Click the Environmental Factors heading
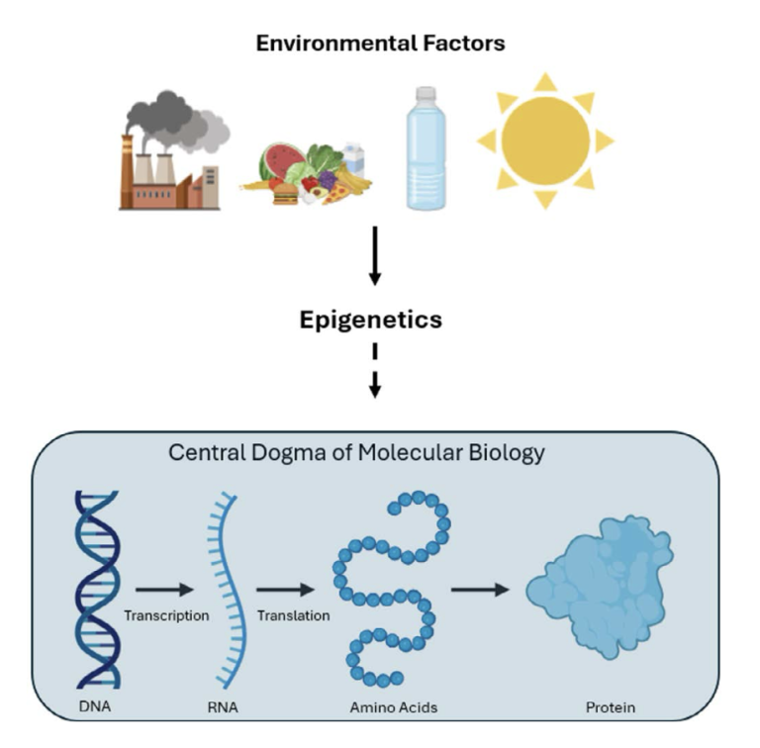[380, 44]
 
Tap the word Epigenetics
[371, 321]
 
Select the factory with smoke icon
[173, 150]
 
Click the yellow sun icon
[546, 140]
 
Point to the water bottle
[427, 148]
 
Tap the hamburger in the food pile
[285, 193]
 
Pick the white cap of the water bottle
[427, 93]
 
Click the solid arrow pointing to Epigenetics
[375, 256]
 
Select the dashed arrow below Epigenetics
[375, 371]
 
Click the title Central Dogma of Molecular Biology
[356, 453]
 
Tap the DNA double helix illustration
[97, 589]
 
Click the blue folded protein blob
[600, 587]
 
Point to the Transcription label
[166, 615]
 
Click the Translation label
[293, 615]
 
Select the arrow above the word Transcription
[165, 590]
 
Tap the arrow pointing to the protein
[480, 590]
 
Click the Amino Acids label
[394, 707]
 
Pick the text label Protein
[611, 707]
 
